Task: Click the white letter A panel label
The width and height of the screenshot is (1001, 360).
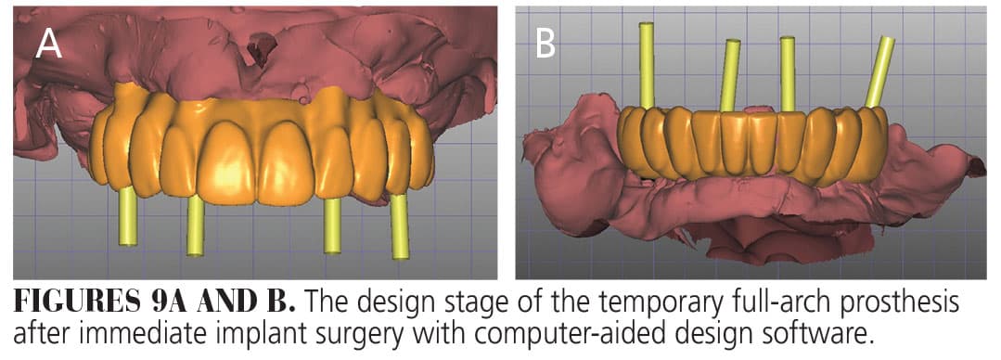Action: (x=48, y=44)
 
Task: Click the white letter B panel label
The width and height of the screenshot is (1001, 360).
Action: (x=545, y=44)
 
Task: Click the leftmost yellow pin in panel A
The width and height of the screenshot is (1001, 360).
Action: (x=128, y=216)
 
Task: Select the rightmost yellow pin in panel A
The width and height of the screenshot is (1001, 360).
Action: (x=400, y=226)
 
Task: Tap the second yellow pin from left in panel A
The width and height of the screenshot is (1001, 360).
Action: (x=196, y=225)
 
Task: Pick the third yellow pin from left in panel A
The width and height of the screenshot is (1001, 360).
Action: (x=332, y=225)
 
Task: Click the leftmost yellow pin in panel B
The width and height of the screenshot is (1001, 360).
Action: (x=648, y=64)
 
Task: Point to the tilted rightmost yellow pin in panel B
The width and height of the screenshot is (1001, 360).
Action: (x=879, y=71)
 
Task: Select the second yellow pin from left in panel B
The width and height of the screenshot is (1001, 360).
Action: (x=730, y=75)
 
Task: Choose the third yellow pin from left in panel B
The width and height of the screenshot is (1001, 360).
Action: (x=788, y=73)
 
